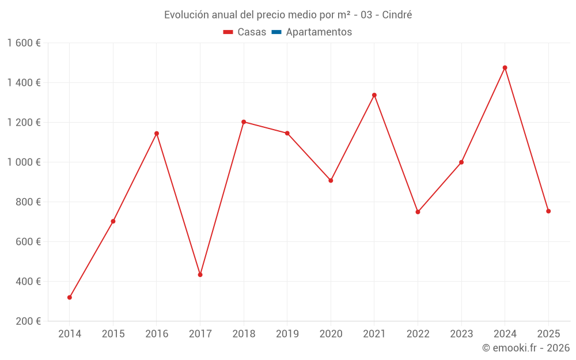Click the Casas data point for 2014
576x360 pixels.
click(70, 297)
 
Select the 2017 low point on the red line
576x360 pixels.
click(200, 275)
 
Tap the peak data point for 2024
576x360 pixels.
click(505, 67)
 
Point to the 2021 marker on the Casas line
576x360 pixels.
click(374, 95)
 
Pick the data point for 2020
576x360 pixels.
click(331, 180)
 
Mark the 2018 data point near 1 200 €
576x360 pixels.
click(244, 122)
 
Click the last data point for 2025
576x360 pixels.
click(548, 211)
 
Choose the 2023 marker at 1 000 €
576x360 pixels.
click(461, 162)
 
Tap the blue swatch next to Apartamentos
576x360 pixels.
click(276, 32)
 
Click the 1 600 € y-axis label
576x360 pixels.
click(24, 43)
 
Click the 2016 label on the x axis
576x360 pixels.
click(157, 334)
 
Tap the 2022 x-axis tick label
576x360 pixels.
click(418, 334)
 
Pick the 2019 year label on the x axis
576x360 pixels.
click(287, 334)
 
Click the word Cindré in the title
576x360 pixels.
click(396, 15)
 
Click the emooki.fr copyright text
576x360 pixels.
click(526, 347)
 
